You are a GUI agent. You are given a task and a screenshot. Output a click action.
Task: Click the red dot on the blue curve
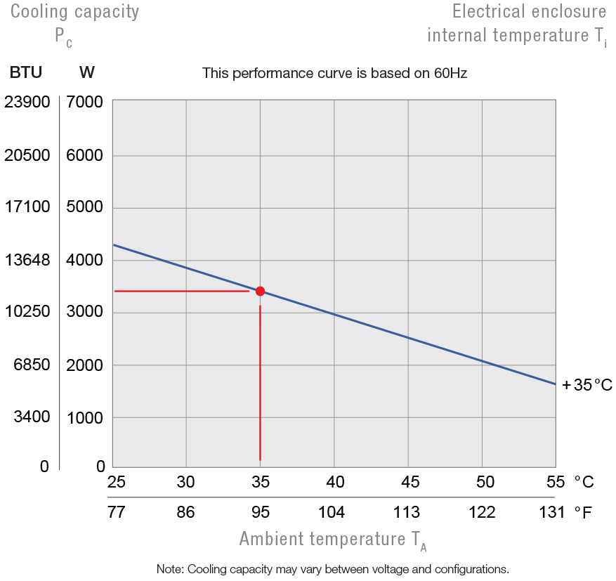click(260, 291)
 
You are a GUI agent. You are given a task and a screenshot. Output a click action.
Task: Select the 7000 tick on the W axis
click(85, 103)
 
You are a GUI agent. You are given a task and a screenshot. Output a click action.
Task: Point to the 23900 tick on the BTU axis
click(27, 103)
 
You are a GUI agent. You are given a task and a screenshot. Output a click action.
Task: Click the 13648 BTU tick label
click(27, 260)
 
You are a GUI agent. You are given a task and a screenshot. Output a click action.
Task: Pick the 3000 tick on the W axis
click(85, 313)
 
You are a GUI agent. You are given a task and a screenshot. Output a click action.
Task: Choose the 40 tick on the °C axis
click(334, 482)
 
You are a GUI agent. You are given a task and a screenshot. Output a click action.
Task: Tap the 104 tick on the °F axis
click(332, 512)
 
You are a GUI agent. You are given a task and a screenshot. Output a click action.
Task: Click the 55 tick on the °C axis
click(556, 482)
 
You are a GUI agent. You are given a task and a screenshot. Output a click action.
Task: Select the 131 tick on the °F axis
click(551, 512)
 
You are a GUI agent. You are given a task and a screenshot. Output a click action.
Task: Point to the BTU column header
click(26, 72)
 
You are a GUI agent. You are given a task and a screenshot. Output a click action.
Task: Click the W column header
click(88, 72)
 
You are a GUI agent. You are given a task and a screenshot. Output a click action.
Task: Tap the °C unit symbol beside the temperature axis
click(584, 482)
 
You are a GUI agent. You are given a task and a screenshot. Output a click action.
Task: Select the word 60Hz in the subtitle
click(450, 72)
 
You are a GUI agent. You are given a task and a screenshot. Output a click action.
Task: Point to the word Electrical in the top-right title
click(490, 11)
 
